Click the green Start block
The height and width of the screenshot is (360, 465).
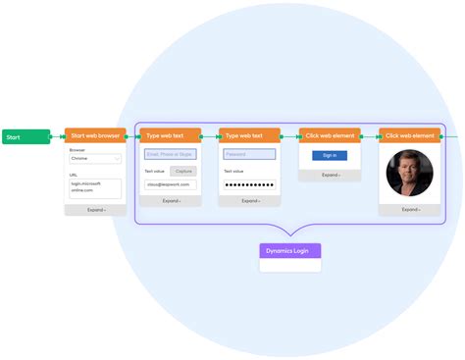(x=25, y=136)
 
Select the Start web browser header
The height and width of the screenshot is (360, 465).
(x=94, y=135)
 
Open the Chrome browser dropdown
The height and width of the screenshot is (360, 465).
(x=94, y=157)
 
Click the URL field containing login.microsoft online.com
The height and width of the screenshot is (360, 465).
(x=94, y=186)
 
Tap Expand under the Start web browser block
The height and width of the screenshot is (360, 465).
(x=94, y=209)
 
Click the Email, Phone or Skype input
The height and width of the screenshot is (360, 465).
(x=170, y=154)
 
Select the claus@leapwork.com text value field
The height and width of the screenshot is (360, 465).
(x=170, y=184)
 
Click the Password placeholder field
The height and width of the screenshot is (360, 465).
(x=249, y=154)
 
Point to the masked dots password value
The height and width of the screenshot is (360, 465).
(x=249, y=184)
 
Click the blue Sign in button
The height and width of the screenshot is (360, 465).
(x=330, y=155)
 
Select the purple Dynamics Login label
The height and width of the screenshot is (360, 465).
(x=289, y=251)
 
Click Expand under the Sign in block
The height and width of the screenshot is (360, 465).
(x=330, y=175)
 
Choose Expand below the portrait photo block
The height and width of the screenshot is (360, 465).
(x=409, y=208)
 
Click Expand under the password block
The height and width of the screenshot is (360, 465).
(x=249, y=200)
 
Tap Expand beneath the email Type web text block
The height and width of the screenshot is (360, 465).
(x=170, y=200)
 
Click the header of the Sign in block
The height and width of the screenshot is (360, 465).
(x=330, y=135)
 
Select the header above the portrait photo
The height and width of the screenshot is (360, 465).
(x=409, y=135)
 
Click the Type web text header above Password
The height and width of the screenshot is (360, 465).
(x=249, y=135)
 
